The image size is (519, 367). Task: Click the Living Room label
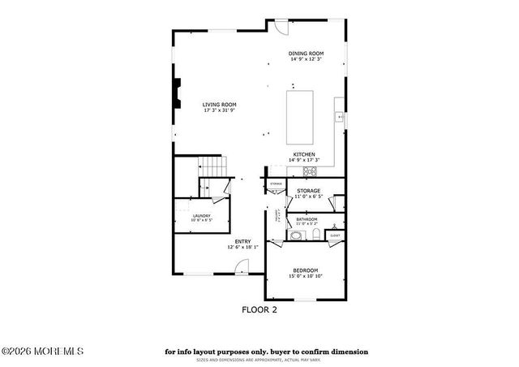point(219,104)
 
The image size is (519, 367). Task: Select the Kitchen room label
point(304,154)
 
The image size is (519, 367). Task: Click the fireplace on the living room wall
point(177,96)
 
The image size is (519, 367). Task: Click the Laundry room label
point(201,215)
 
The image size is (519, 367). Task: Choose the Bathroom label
point(307,219)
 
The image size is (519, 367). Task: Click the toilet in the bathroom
point(317,237)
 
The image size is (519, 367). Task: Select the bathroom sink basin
point(296,236)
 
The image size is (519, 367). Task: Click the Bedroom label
point(305,270)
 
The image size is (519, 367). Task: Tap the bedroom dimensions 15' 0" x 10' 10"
point(305,276)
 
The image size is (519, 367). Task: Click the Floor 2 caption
point(260,309)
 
